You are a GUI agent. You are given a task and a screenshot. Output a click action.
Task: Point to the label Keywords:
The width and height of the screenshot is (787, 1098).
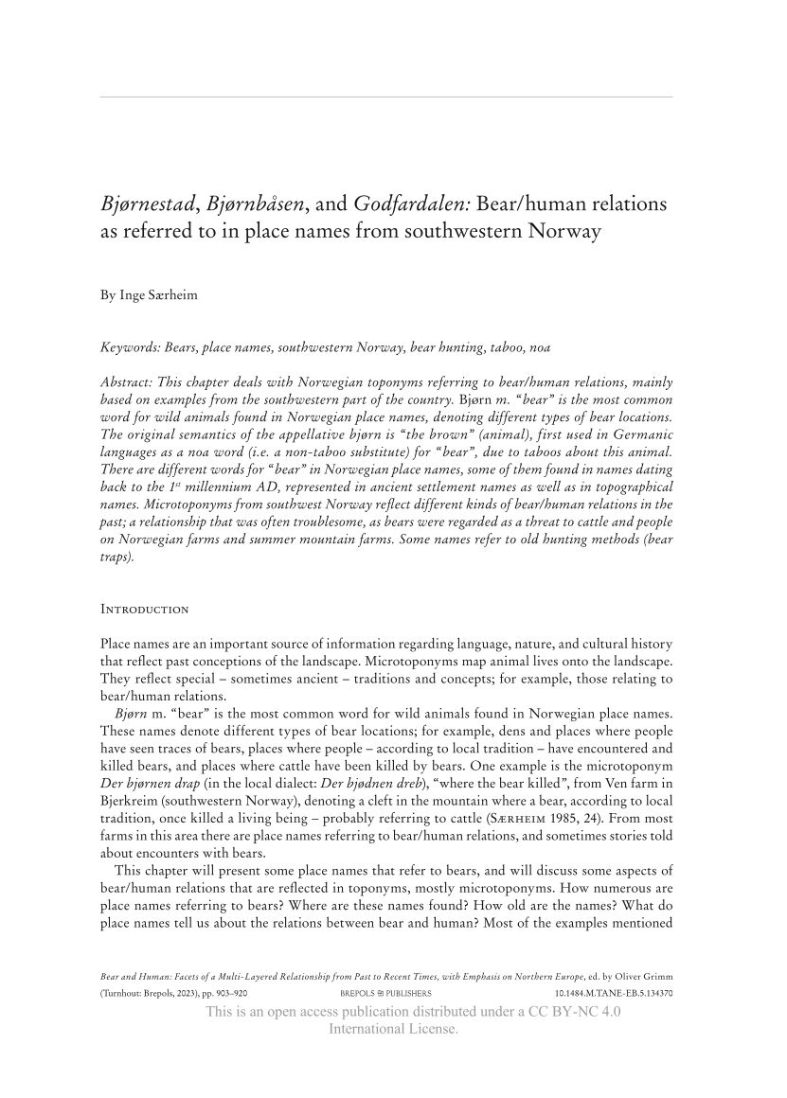pos(131,347)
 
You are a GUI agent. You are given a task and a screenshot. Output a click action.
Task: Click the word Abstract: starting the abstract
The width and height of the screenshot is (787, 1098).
pos(130,382)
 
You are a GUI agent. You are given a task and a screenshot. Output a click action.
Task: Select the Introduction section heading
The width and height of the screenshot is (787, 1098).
pos(145,609)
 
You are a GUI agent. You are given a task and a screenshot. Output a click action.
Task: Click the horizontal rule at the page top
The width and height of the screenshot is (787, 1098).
pos(385,97)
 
